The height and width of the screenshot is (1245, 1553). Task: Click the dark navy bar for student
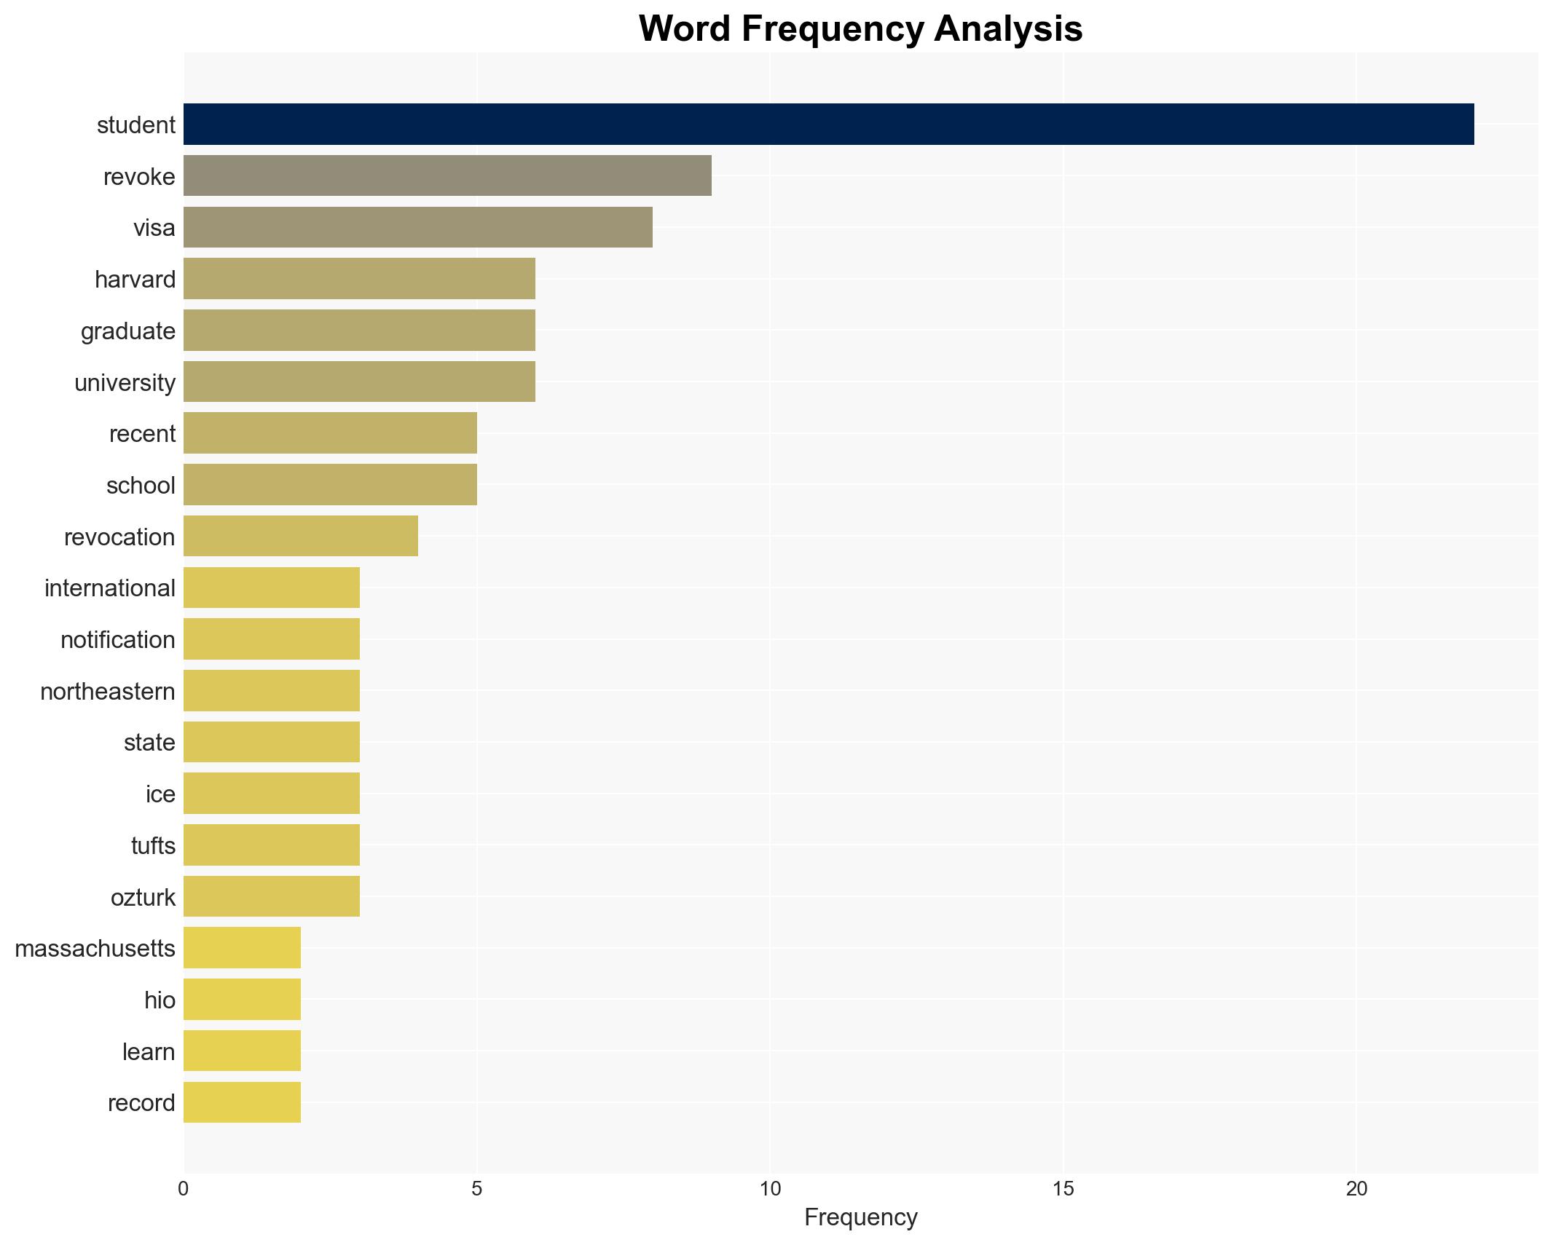[x=828, y=125]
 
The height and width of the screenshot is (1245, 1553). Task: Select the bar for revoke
[x=447, y=176]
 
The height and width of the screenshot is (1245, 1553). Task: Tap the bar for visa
[x=417, y=227]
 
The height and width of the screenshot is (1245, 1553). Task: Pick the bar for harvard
[x=359, y=279]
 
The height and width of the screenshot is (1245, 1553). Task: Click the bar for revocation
[x=301, y=537]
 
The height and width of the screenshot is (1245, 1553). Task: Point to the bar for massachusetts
[x=242, y=948]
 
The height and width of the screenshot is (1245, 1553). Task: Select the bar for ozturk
[x=272, y=897]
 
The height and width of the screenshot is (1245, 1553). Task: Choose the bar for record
[x=242, y=1102]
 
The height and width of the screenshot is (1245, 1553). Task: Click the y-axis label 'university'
[x=125, y=383]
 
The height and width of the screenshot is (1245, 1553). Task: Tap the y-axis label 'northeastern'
[x=108, y=692]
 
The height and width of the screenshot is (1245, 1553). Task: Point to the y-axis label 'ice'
[x=160, y=794]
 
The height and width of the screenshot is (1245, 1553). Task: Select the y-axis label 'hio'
[x=160, y=1000]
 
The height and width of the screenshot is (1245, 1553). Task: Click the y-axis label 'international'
[x=110, y=588]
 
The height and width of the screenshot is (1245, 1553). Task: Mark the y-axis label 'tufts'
[x=153, y=846]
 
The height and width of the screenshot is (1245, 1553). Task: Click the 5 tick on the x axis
[x=476, y=1190]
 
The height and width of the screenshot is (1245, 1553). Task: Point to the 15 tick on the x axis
[x=1063, y=1190]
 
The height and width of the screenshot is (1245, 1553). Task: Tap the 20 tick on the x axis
[x=1356, y=1190]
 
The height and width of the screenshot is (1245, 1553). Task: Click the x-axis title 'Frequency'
[x=860, y=1218]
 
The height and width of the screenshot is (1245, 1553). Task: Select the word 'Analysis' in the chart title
[x=1008, y=29]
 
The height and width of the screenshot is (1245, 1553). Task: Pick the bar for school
[x=330, y=485]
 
